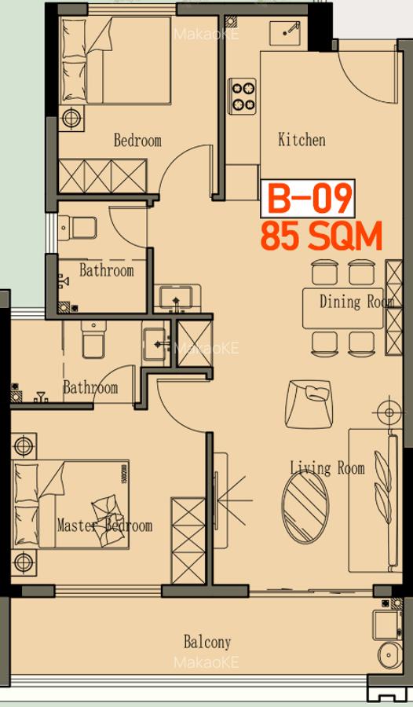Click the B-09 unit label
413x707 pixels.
coord(309,199)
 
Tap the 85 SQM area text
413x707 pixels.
coord(321,236)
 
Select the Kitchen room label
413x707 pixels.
coord(302,139)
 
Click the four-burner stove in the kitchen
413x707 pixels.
coord(242,96)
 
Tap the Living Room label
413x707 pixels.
coord(327,467)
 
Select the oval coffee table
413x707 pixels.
coord(305,507)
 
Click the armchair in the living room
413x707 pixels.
coord(309,404)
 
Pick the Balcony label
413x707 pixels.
coord(207,642)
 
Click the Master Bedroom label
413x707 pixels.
coord(104,526)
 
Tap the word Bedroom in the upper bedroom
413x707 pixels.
coord(137,141)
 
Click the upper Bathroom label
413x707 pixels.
coord(107,270)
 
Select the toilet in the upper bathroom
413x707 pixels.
coord(78,228)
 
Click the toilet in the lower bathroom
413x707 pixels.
coord(93,339)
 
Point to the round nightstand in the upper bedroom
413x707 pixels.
coord(71,119)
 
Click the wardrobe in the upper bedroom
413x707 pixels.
coord(104,176)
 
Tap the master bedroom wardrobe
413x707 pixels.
coord(188,540)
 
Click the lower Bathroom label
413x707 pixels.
coord(90,388)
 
